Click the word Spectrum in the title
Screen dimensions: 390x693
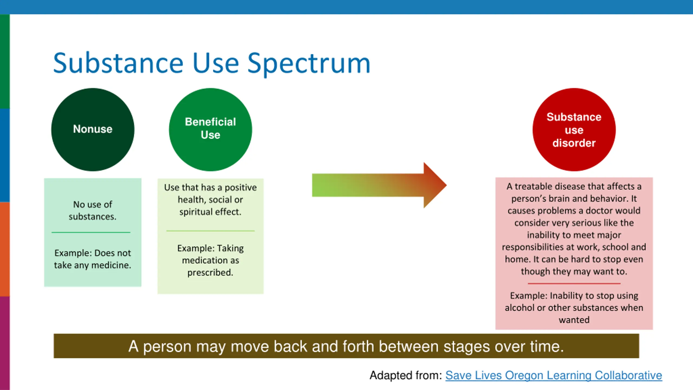(x=309, y=64)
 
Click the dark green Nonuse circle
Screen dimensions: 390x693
(x=93, y=129)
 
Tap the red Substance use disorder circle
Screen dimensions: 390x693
(x=574, y=129)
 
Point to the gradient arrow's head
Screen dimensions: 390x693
(x=434, y=185)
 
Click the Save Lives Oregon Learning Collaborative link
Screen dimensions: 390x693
(x=554, y=375)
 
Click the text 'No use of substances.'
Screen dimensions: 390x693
(x=93, y=210)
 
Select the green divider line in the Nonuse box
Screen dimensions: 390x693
(x=91, y=232)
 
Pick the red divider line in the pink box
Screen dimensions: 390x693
(x=574, y=284)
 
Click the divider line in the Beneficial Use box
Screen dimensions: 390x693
(x=210, y=231)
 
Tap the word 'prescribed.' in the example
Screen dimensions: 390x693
(x=210, y=272)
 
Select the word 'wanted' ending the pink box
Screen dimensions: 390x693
(x=574, y=320)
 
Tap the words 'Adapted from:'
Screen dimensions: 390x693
(x=406, y=375)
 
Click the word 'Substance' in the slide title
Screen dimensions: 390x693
(x=118, y=64)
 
